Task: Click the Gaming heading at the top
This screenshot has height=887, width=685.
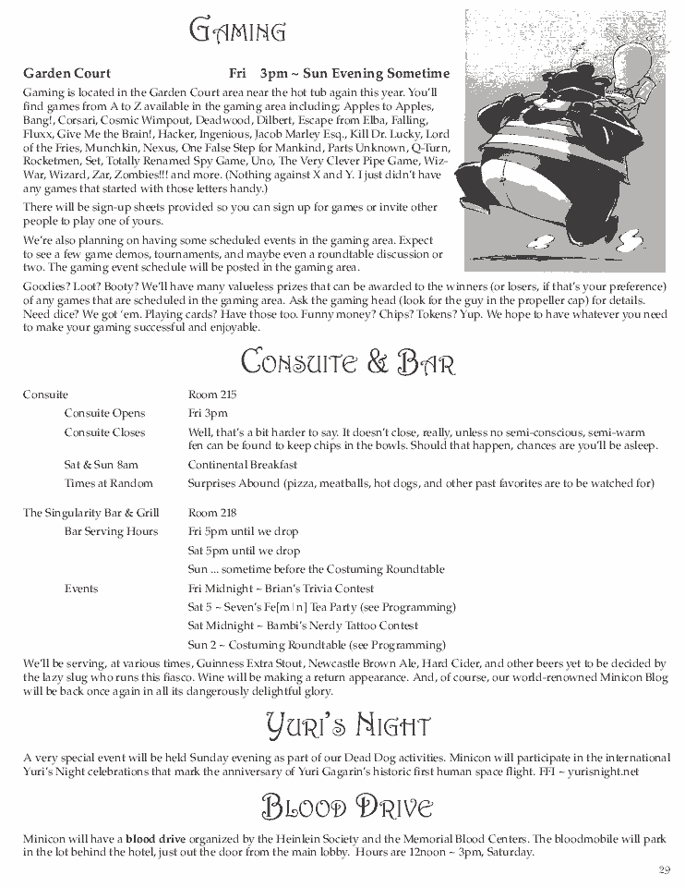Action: [x=236, y=31]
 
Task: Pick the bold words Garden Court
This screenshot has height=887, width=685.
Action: [x=66, y=73]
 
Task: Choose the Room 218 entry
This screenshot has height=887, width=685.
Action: [x=212, y=513]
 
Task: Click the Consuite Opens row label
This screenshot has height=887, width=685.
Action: [x=104, y=413]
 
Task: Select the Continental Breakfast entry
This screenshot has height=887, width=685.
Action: [x=242, y=465]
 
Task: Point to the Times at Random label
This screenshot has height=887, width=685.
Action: [x=108, y=483]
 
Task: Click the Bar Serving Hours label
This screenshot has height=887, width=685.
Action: [x=111, y=531]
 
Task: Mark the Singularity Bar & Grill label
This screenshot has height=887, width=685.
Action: [x=91, y=513]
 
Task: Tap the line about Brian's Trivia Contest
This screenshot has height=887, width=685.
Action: [x=281, y=589]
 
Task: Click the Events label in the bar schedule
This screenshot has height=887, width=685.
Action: [x=81, y=589]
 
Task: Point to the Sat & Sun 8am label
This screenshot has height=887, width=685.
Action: [x=101, y=465]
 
